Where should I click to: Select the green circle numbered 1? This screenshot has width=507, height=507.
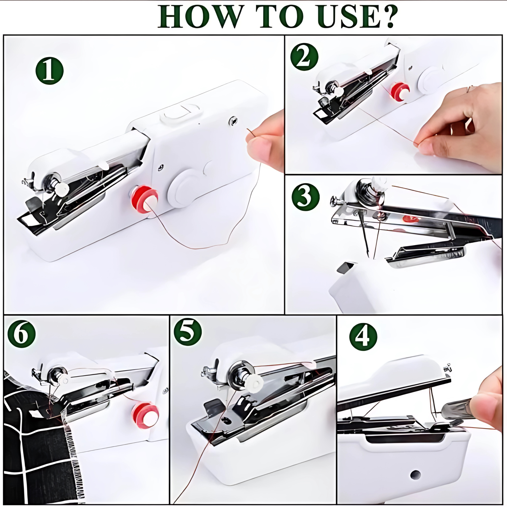(50, 71)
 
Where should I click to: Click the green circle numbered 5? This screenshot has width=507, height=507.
(188, 333)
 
